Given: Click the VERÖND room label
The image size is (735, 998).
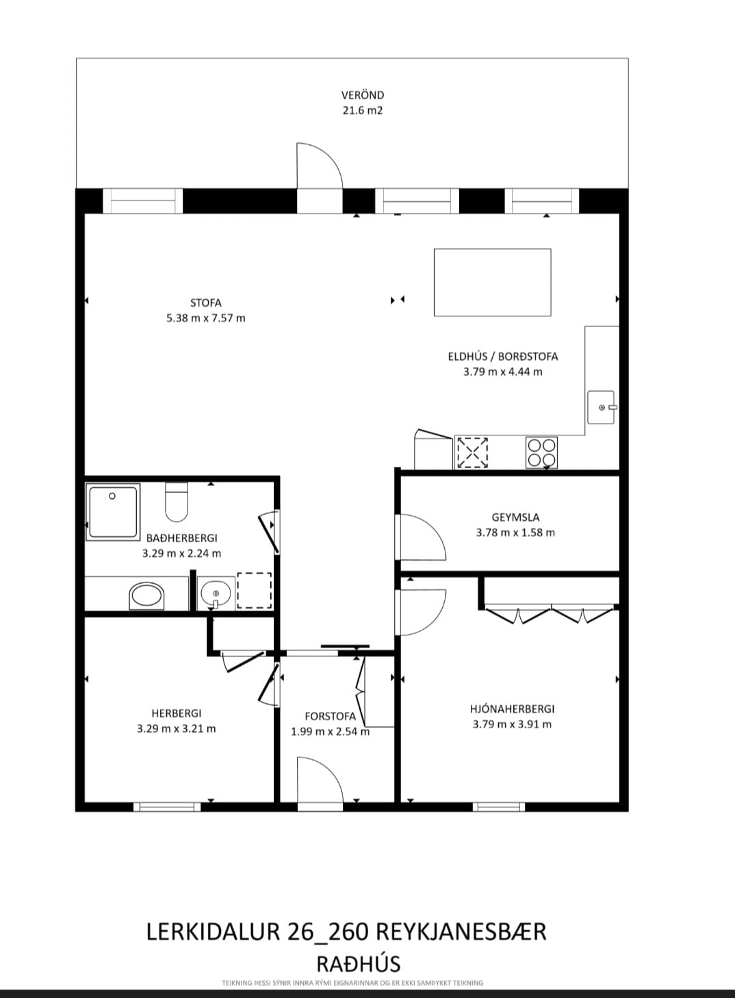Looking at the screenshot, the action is tap(363, 95).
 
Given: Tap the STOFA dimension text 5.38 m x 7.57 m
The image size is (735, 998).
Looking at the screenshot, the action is tap(206, 318).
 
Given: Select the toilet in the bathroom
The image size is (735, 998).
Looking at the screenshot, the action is tap(177, 502).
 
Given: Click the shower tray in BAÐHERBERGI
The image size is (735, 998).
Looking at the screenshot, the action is tap(113, 512).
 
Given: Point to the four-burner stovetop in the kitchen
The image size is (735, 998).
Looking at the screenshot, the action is tap(541, 452).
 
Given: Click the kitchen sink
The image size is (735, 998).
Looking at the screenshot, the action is tap(602, 407).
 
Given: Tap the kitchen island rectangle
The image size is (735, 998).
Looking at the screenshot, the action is tap(492, 283).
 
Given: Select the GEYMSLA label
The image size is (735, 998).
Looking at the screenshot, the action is tap(515, 517).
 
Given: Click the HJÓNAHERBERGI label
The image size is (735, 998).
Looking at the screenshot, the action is tap(513, 708).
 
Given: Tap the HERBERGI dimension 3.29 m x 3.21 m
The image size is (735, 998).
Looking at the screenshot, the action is tap(177, 729).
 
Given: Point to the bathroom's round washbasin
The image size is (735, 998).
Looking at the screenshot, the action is tap(216, 593).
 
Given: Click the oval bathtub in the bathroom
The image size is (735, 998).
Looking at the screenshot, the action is tap(146, 596).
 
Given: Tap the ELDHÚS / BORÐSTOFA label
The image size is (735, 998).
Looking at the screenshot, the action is tap(503, 357).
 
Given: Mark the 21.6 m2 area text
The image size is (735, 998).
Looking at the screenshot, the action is tap(363, 110).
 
